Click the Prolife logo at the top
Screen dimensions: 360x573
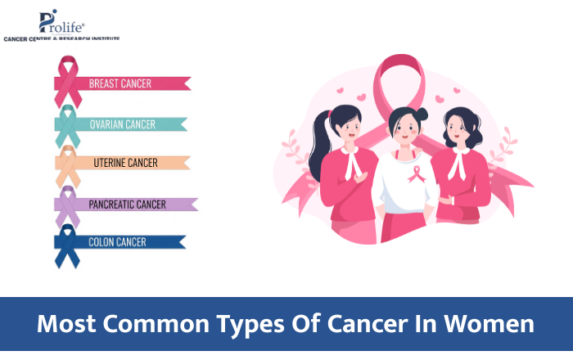(62, 25)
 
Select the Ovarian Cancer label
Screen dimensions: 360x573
(123, 124)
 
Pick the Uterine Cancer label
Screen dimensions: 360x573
(125, 163)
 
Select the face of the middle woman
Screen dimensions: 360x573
(405, 128)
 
